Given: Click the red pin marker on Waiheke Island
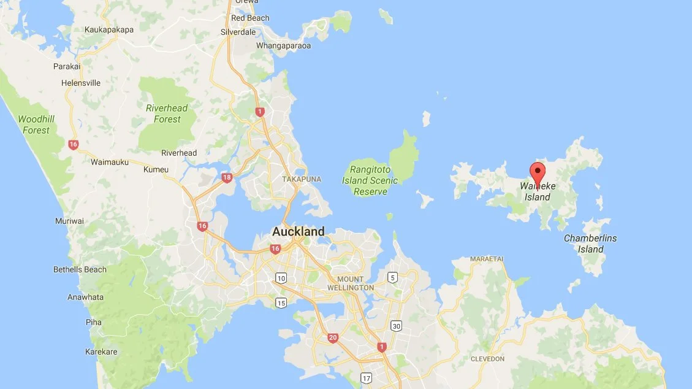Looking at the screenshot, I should (538, 172).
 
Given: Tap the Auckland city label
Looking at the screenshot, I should (298, 232).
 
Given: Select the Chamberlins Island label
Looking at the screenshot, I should (590, 244).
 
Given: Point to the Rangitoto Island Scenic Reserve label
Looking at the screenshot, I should (374, 180).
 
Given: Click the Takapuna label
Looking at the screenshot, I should (302, 179).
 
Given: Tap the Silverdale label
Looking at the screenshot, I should (238, 32).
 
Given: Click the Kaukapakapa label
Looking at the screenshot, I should (110, 29).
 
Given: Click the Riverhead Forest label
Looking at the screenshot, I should (167, 114).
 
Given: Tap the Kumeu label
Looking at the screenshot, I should (155, 169).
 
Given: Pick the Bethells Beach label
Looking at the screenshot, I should (80, 269).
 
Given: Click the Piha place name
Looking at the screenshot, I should (94, 322).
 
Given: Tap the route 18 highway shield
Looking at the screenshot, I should (227, 178).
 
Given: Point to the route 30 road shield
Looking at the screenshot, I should (397, 326).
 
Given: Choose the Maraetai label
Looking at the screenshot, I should (487, 259).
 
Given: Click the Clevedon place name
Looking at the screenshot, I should (487, 358).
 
